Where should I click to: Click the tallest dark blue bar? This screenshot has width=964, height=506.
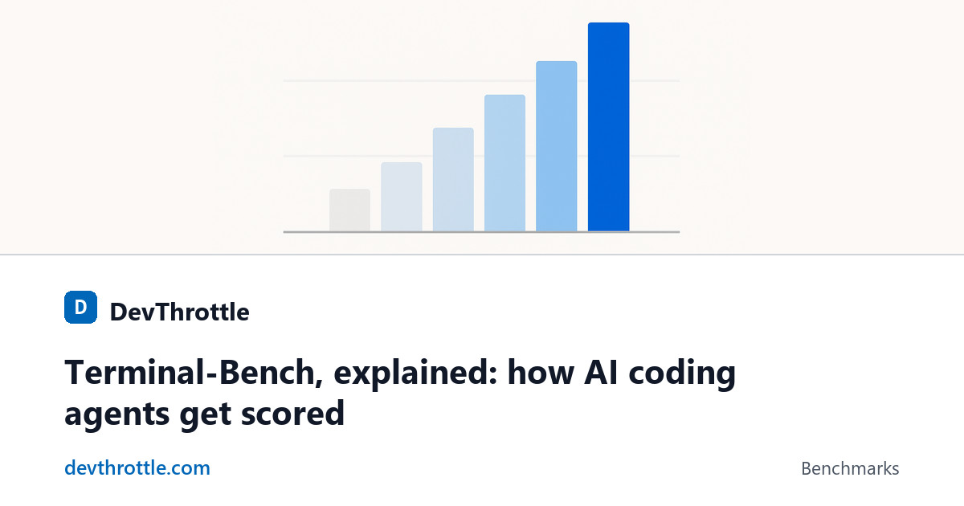pyautogui.click(x=609, y=127)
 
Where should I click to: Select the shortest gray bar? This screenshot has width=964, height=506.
pyautogui.click(x=350, y=210)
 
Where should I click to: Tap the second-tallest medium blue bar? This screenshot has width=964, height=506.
pyautogui.click(x=557, y=146)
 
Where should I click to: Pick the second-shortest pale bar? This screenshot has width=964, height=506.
pyautogui.click(x=402, y=197)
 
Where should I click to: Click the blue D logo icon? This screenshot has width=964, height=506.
pyautogui.click(x=80, y=307)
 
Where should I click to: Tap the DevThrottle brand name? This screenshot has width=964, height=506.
pyautogui.click(x=179, y=312)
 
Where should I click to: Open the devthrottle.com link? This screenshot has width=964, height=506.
pyautogui.click(x=137, y=467)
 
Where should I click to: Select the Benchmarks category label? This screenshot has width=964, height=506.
pyautogui.click(x=850, y=468)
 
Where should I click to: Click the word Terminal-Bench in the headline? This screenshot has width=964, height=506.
pyautogui.click(x=194, y=373)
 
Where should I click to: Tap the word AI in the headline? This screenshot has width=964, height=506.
pyautogui.click(x=601, y=372)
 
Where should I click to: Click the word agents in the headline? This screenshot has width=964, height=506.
pyautogui.click(x=116, y=415)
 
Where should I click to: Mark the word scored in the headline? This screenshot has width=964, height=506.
pyautogui.click(x=292, y=413)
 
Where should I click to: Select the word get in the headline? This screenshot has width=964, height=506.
pyautogui.click(x=205, y=415)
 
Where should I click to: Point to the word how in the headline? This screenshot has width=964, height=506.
pyautogui.click(x=541, y=372)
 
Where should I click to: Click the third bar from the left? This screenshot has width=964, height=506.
pyautogui.click(x=453, y=179)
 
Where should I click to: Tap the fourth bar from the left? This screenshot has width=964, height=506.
pyautogui.click(x=504, y=163)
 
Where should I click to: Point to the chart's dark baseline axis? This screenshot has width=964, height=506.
pyautogui.click(x=481, y=232)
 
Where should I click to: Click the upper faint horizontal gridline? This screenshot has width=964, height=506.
pyautogui.click(x=481, y=80)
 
